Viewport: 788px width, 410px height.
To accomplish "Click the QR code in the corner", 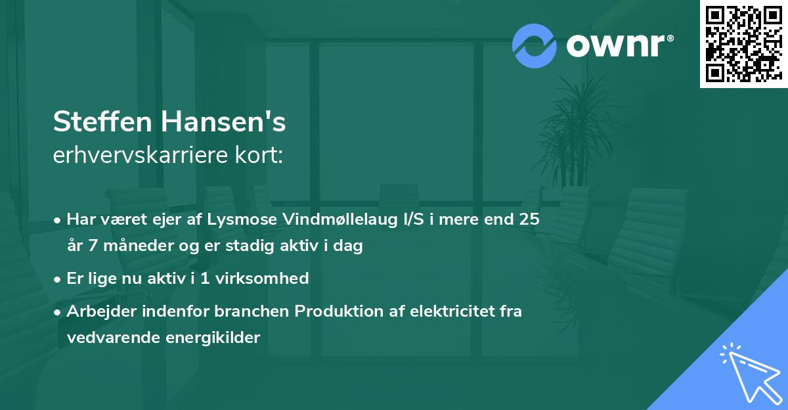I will tap(743, 43).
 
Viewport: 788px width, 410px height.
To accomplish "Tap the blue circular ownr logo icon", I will tap(535, 45).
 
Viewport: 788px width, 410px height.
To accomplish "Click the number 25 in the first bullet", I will tap(529, 219).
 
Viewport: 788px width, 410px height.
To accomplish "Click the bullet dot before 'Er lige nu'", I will tap(58, 279).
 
